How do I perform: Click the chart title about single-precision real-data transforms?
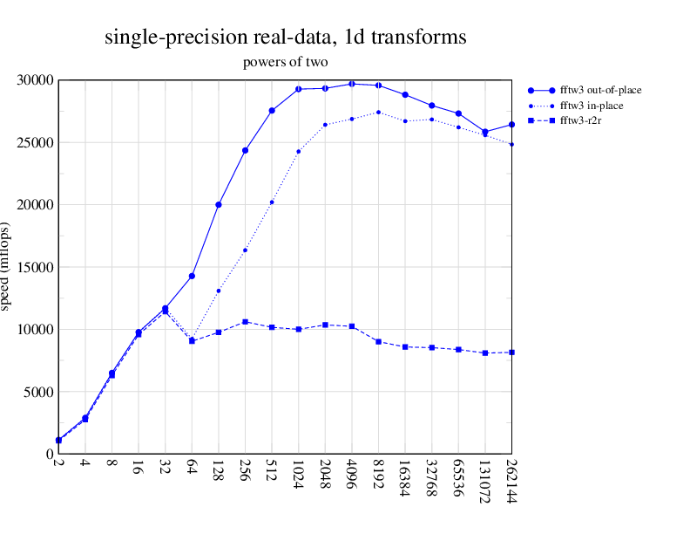[x=285, y=38]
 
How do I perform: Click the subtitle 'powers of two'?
[x=285, y=62]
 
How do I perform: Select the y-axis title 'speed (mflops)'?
[x=7, y=266]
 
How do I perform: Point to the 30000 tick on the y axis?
[x=36, y=80]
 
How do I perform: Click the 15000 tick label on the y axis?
[x=36, y=267]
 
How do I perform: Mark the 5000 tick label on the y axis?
[x=39, y=392]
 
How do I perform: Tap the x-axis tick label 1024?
[x=299, y=476]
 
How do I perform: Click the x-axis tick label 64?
[x=192, y=471]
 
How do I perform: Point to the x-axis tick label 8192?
[x=378, y=476]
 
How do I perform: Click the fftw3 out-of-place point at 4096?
[x=352, y=84]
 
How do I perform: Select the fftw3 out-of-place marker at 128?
[x=219, y=205]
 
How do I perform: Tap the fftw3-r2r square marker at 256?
[x=245, y=322]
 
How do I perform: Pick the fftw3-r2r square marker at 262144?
[x=511, y=353]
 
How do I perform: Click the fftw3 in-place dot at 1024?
[x=299, y=152]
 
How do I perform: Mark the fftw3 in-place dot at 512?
[x=272, y=202]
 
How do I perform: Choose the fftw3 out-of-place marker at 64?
[x=192, y=276]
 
